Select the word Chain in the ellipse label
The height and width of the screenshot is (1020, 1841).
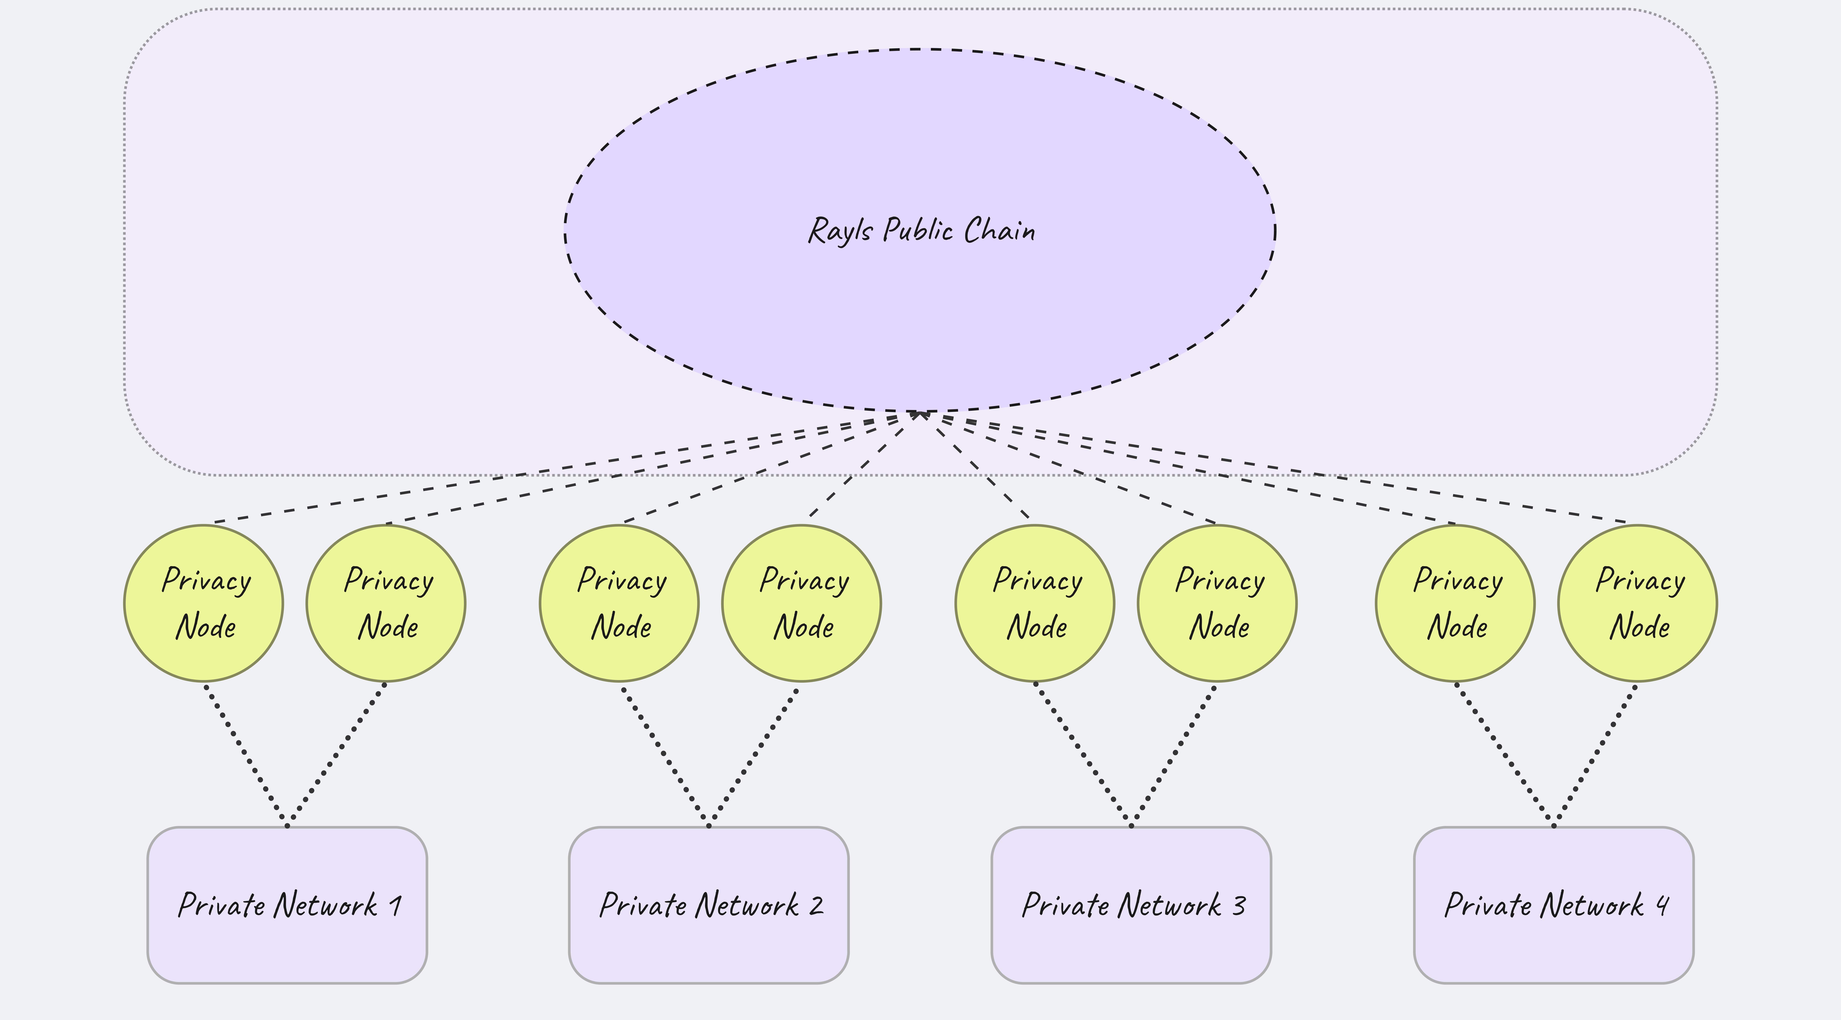click(999, 230)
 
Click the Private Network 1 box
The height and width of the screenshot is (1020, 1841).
click(287, 905)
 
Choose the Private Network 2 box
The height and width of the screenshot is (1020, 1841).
click(709, 905)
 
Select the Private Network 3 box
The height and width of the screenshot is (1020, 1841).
click(1131, 905)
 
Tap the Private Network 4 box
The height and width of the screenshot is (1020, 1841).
click(1554, 905)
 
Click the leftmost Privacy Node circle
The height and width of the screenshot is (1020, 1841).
click(204, 603)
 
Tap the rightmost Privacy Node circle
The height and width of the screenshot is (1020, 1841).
click(1637, 603)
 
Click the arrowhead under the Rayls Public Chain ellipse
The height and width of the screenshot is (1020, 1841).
click(920, 415)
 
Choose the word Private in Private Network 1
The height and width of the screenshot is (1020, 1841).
click(222, 905)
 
